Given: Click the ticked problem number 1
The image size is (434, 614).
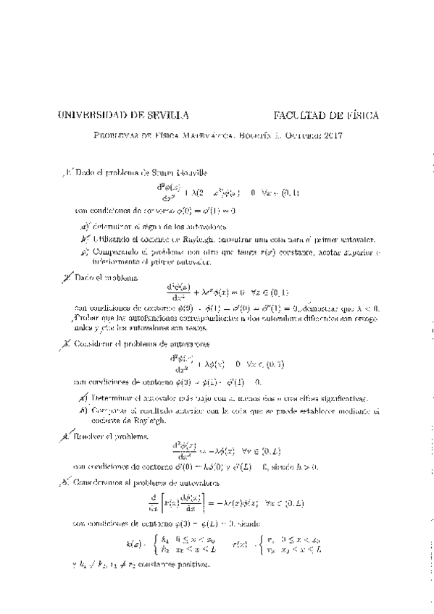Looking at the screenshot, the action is click(x=67, y=173).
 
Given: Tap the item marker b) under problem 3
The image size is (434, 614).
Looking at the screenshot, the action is click(x=85, y=411).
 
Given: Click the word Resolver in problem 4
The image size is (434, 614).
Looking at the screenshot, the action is click(x=92, y=437).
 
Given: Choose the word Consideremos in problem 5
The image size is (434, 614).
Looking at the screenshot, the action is click(x=104, y=482).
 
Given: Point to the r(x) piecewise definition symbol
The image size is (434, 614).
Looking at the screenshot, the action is click(x=240, y=544).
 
